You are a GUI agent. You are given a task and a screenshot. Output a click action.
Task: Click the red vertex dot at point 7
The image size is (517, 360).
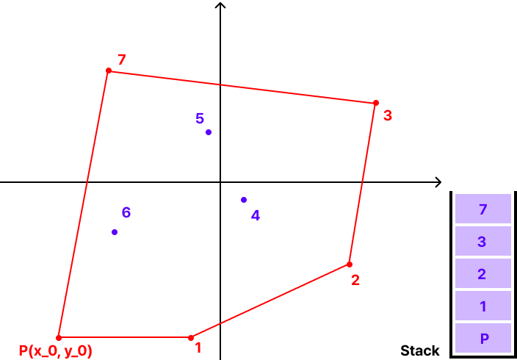(109, 71)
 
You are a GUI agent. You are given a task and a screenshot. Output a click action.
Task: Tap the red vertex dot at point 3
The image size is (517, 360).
(376, 103)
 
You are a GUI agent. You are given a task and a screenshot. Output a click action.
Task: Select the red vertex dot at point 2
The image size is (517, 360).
(350, 264)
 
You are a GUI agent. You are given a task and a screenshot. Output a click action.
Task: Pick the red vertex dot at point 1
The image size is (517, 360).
(191, 338)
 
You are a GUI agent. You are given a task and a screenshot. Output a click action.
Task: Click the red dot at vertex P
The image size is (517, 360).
(59, 338)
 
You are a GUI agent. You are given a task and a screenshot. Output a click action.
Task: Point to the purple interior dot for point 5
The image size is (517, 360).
(209, 132)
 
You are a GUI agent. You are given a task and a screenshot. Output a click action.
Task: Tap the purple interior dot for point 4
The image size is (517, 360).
(244, 200)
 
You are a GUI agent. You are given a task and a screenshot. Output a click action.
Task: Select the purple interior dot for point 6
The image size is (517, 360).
(115, 232)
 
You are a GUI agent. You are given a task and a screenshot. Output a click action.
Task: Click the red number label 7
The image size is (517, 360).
(122, 60)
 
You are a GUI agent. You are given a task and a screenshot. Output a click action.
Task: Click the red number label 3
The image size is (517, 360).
(388, 116)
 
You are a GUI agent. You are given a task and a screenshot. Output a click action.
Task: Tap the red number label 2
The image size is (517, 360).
(355, 280)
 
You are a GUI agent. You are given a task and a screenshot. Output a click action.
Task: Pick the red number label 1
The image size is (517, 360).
(198, 348)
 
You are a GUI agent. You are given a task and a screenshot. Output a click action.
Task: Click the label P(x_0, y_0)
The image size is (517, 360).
(56, 351)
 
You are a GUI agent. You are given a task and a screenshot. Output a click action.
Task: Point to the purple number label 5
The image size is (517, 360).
(200, 118)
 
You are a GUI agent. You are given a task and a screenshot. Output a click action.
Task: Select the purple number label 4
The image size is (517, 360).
(256, 215)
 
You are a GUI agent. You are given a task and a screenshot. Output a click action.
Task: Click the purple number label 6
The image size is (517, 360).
(126, 212)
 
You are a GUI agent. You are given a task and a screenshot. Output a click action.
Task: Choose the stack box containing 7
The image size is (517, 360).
(482, 209)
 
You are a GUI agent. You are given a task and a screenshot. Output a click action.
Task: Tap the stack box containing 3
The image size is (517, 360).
(482, 241)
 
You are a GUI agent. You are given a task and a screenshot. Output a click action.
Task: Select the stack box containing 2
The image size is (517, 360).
(482, 273)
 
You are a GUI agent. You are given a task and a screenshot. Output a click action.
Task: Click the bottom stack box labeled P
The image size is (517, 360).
(482, 338)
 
